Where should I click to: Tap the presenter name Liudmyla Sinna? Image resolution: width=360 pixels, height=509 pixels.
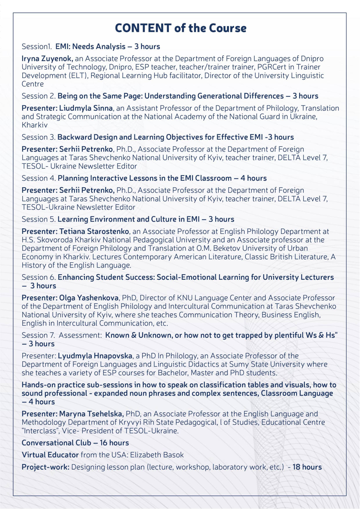click(86, 108)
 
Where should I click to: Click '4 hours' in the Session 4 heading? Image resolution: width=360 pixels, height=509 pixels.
click(254, 178)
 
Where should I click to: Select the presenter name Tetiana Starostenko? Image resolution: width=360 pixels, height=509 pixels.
click(94, 232)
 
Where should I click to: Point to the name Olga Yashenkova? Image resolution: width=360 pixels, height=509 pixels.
click(89, 298)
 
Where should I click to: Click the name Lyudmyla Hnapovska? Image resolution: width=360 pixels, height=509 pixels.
click(95, 356)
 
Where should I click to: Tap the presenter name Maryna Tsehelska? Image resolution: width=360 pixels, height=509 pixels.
click(91, 414)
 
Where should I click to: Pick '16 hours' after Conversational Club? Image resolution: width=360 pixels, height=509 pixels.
click(114, 443)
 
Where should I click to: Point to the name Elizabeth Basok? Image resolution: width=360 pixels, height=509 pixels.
click(157, 455)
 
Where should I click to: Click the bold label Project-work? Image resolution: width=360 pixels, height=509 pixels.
click(46, 467)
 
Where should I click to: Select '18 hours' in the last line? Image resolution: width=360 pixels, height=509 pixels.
click(307, 467)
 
